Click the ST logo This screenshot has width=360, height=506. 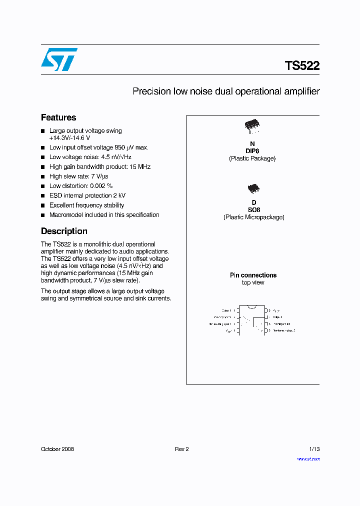click(59, 59)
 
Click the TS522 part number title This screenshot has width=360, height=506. click(302, 66)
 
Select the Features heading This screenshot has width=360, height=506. click(58, 117)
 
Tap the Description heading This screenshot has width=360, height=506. click(64, 231)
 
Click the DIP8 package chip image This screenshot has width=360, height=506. click(252, 127)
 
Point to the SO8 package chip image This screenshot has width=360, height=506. click(253, 188)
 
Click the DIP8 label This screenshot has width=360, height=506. click(252, 151)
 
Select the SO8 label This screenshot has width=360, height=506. click(253, 210)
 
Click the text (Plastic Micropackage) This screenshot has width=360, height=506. click(253, 217)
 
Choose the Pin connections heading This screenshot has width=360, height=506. click(253, 275)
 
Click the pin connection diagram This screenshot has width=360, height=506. click(253, 320)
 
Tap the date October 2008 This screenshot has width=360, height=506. click(57, 449)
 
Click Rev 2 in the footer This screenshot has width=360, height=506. click(181, 449)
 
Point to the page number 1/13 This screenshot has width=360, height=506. click(314, 449)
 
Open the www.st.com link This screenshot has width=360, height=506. click(308, 458)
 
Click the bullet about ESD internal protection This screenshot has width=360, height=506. click(87, 195)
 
